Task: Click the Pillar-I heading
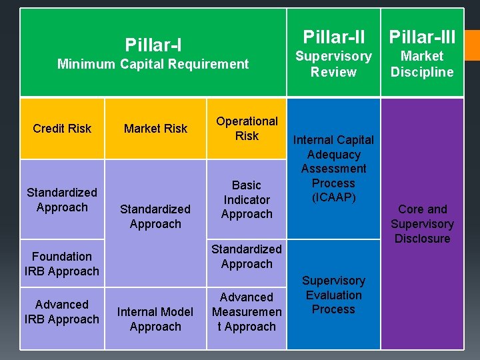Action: [x=153, y=45]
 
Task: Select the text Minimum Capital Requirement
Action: [x=153, y=64]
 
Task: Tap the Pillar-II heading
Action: [x=333, y=36]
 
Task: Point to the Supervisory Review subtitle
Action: [x=333, y=64]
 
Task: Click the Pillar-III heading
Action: [x=422, y=36]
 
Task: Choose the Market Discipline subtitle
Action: [x=422, y=64]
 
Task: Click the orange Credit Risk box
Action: [x=62, y=129]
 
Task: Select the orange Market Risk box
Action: [x=155, y=129]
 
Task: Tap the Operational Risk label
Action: [x=247, y=129]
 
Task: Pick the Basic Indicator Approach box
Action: [x=247, y=199]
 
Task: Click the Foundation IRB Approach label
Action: [x=62, y=264]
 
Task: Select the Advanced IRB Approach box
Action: [x=62, y=312]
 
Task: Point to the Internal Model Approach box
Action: [x=155, y=319]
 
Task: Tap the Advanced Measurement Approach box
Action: [x=247, y=312]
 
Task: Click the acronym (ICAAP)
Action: [x=333, y=198]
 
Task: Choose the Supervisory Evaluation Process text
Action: [x=333, y=295]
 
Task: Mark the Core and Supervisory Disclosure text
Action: [x=422, y=224]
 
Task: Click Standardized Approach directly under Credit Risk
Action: [x=62, y=200]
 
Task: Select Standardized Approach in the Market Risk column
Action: [x=155, y=217]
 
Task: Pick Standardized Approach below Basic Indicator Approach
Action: [x=247, y=257]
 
